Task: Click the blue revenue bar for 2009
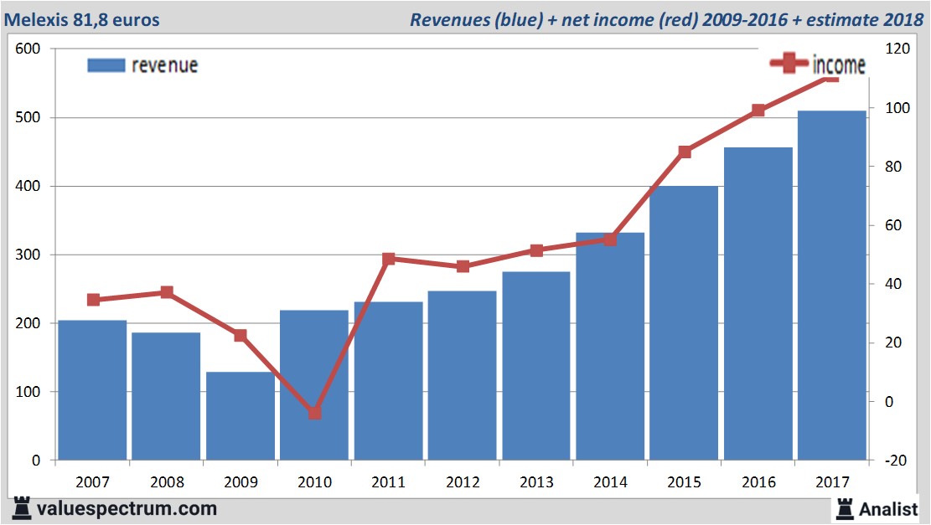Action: point(240,416)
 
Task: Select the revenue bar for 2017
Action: point(831,285)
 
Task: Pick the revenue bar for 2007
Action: point(92,390)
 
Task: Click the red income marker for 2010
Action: point(314,413)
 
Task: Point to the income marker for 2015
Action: point(684,152)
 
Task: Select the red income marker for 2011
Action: point(388,260)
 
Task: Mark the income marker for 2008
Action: point(167,292)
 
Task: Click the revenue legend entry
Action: point(142,65)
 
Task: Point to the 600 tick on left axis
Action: point(28,49)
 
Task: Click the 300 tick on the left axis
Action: point(28,255)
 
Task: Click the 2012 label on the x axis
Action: point(462,483)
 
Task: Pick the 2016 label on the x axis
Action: point(758,483)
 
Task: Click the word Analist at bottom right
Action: point(888,508)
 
